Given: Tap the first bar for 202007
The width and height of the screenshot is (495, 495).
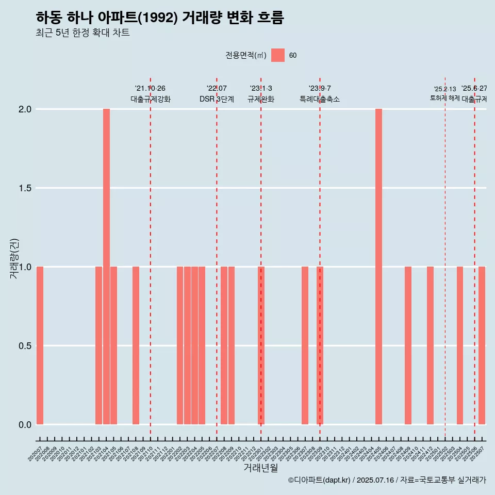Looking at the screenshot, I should click(40, 345).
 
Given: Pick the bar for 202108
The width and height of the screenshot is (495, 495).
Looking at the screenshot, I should click(136, 345).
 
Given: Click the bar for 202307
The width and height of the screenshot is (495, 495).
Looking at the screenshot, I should click(305, 345).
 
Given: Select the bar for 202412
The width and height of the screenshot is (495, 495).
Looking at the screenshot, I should click(430, 345).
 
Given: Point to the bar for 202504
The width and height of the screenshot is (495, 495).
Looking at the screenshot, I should click(459, 345).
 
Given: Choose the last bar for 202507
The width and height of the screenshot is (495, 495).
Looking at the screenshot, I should click(482, 345).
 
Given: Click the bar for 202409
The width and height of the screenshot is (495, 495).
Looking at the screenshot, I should click(408, 345).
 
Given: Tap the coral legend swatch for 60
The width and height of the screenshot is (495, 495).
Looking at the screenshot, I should click(278, 55).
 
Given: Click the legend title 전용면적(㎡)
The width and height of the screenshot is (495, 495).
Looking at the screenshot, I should click(245, 55).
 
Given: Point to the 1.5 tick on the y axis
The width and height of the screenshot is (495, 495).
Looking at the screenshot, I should click(25, 188).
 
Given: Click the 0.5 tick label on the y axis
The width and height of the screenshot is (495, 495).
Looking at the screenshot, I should click(25, 346).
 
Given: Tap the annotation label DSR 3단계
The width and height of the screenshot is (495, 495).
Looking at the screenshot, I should click(217, 99).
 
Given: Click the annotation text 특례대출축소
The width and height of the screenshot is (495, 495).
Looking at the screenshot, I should click(319, 99).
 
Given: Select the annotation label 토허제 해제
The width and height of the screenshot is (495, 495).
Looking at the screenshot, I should click(444, 98).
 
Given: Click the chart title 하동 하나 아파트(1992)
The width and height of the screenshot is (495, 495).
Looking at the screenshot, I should click(160, 18).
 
